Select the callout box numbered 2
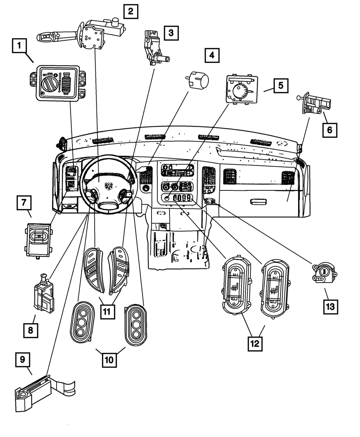click(130, 11)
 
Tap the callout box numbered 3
click(171, 33)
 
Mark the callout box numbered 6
click(329, 130)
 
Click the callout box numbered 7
click(23, 203)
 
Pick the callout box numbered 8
click(31, 330)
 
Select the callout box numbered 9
click(23, 360)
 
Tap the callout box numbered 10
click(109, 359)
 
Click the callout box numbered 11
click(106, 312)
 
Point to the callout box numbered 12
click(255, 343)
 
